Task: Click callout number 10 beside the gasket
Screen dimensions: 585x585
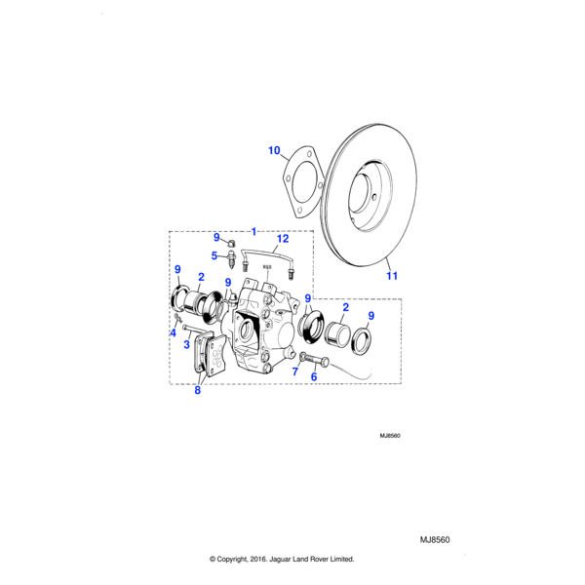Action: point(274,150)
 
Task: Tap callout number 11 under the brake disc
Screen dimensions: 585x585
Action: point(392,276)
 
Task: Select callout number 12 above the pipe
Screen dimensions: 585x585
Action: point(283,238)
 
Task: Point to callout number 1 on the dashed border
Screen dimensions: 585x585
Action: point(253,232)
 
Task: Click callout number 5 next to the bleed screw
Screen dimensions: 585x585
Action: point(215,256)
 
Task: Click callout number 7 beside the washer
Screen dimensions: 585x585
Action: point(296,371)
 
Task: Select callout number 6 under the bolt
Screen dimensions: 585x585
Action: point(314,376)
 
